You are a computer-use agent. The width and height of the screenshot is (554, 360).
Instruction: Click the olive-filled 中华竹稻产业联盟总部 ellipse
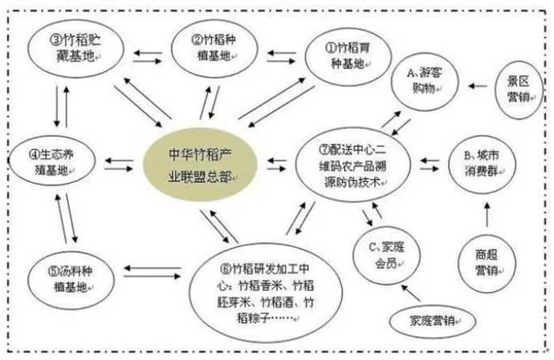[200, 165]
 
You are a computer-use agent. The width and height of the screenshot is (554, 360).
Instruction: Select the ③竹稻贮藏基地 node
[76, 48]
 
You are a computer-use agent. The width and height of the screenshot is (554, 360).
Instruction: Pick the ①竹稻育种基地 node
[348, 56]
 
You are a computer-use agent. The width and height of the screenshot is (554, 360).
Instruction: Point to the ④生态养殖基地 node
[52, 161]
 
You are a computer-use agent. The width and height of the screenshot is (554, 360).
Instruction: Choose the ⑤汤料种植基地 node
[71, 279]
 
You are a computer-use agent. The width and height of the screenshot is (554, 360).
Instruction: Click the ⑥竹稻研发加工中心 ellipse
[266, 293]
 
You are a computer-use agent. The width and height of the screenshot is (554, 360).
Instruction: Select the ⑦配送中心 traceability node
[353, 165]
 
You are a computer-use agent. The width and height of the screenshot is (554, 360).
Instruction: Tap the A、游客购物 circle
[425, 82]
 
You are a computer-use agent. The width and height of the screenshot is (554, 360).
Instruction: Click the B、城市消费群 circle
[482, 165]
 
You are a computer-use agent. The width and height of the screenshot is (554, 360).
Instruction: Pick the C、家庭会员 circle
[386, 255]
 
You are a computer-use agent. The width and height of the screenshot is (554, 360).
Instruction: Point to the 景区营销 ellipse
[518, 89]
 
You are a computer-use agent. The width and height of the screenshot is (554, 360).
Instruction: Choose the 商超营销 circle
[487, 263]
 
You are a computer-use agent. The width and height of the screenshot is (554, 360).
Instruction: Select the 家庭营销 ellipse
[432, 321]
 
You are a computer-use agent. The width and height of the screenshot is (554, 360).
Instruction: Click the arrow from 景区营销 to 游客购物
[478, 86]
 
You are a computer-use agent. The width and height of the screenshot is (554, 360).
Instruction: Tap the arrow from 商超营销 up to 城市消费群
[488, 214]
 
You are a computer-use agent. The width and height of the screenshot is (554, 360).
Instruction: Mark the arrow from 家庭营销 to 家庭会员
[412, 293]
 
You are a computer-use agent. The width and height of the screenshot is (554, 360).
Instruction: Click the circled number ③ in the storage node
[56, 40]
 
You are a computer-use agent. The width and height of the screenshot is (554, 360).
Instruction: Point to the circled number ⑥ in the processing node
[225, 269]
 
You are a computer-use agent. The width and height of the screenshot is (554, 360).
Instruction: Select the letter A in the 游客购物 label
[411, 73]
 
